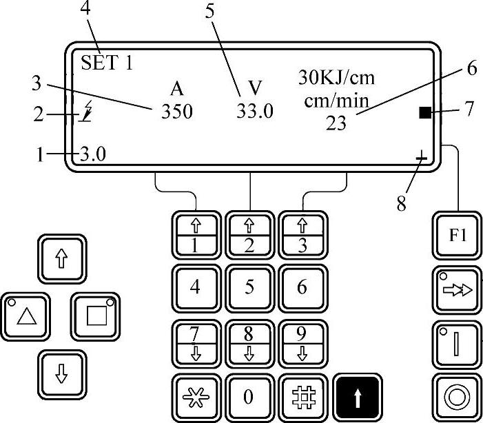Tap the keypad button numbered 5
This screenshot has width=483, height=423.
pyautogui.click(x=249, y=286)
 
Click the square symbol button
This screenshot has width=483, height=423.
pyautogui.click(x=94, y=316)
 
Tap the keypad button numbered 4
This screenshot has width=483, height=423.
pyautogui.click(x=195, y=286)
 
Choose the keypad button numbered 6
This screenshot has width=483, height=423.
pyautogui.click(x=302, y=286)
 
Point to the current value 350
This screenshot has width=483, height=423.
pyautogui.click(x=178, y=112)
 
